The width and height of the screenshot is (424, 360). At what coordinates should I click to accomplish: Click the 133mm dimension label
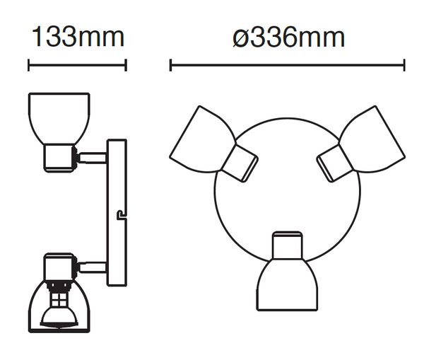[78, 37]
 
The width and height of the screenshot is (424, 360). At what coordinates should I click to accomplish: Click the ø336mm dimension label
[288, 37]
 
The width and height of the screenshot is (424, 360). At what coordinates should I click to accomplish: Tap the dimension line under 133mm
[77, 65]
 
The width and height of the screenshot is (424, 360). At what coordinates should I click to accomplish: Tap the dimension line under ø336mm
[288, 65]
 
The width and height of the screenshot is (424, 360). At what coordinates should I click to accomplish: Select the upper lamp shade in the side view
[59, 118]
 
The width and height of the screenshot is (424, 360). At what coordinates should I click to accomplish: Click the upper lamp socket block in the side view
[60, 158]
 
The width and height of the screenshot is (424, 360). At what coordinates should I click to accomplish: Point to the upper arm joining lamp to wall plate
[93, 158]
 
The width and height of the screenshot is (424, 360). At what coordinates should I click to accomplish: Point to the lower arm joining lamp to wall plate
[93, 267]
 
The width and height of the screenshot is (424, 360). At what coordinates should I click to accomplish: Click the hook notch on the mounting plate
[121, 215]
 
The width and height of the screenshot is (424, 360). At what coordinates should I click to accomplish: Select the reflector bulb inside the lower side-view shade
[59, 318]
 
